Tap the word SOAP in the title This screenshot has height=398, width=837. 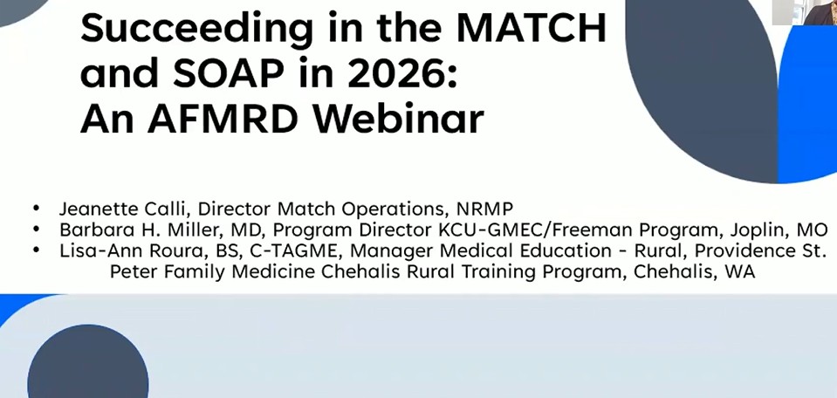click(229, 72)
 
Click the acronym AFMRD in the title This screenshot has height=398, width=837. click(222, 119)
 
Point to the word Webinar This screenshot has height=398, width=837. click(398, 119)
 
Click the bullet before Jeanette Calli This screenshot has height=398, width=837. click(37, 208)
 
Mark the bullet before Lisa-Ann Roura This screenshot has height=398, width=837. click(37, 250)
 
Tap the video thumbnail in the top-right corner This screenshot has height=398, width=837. click(805, 12)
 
